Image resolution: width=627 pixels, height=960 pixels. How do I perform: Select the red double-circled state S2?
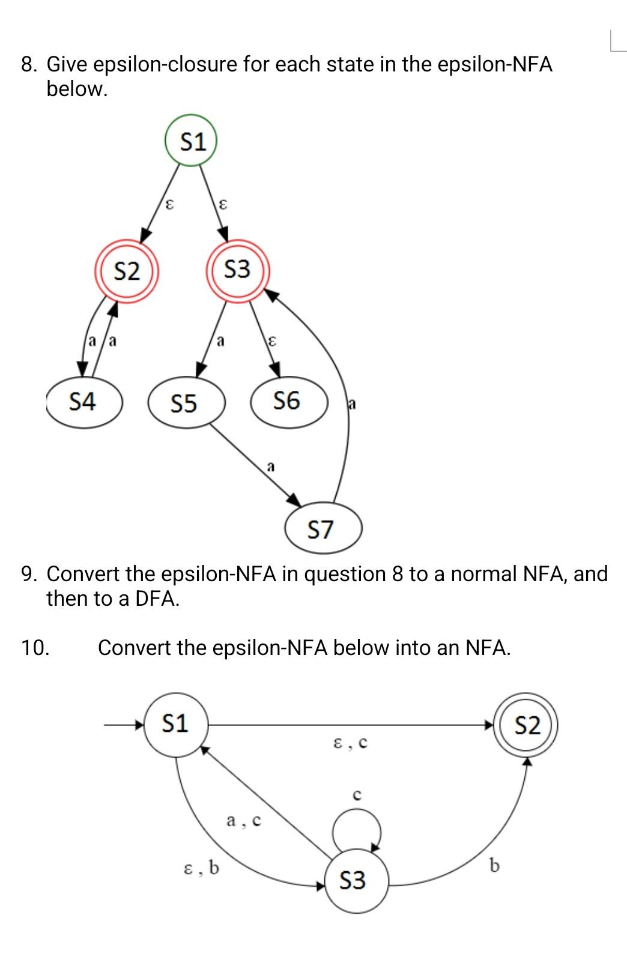(x=127, y=271)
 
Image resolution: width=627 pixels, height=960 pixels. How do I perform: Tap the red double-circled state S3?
(x=237, y=270)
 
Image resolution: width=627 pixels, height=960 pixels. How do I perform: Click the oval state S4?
(x=84, y=402)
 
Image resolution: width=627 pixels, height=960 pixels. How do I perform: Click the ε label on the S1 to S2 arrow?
(x=170, y=205)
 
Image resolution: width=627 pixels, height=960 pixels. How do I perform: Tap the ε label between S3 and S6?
(x=271, y=342)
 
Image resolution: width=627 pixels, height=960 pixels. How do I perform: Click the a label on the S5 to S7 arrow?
(x=271, y=466)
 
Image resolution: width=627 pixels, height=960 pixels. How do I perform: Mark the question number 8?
(x=28, y=64)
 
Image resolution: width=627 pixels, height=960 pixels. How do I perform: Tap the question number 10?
(x=35, y=648)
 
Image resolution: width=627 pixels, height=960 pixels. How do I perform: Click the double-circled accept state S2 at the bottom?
(x=527, y=725)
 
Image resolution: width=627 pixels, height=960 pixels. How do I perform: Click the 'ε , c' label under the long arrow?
(x=350, y=744)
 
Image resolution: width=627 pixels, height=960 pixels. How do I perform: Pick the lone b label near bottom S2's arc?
(x=494, y=866)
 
